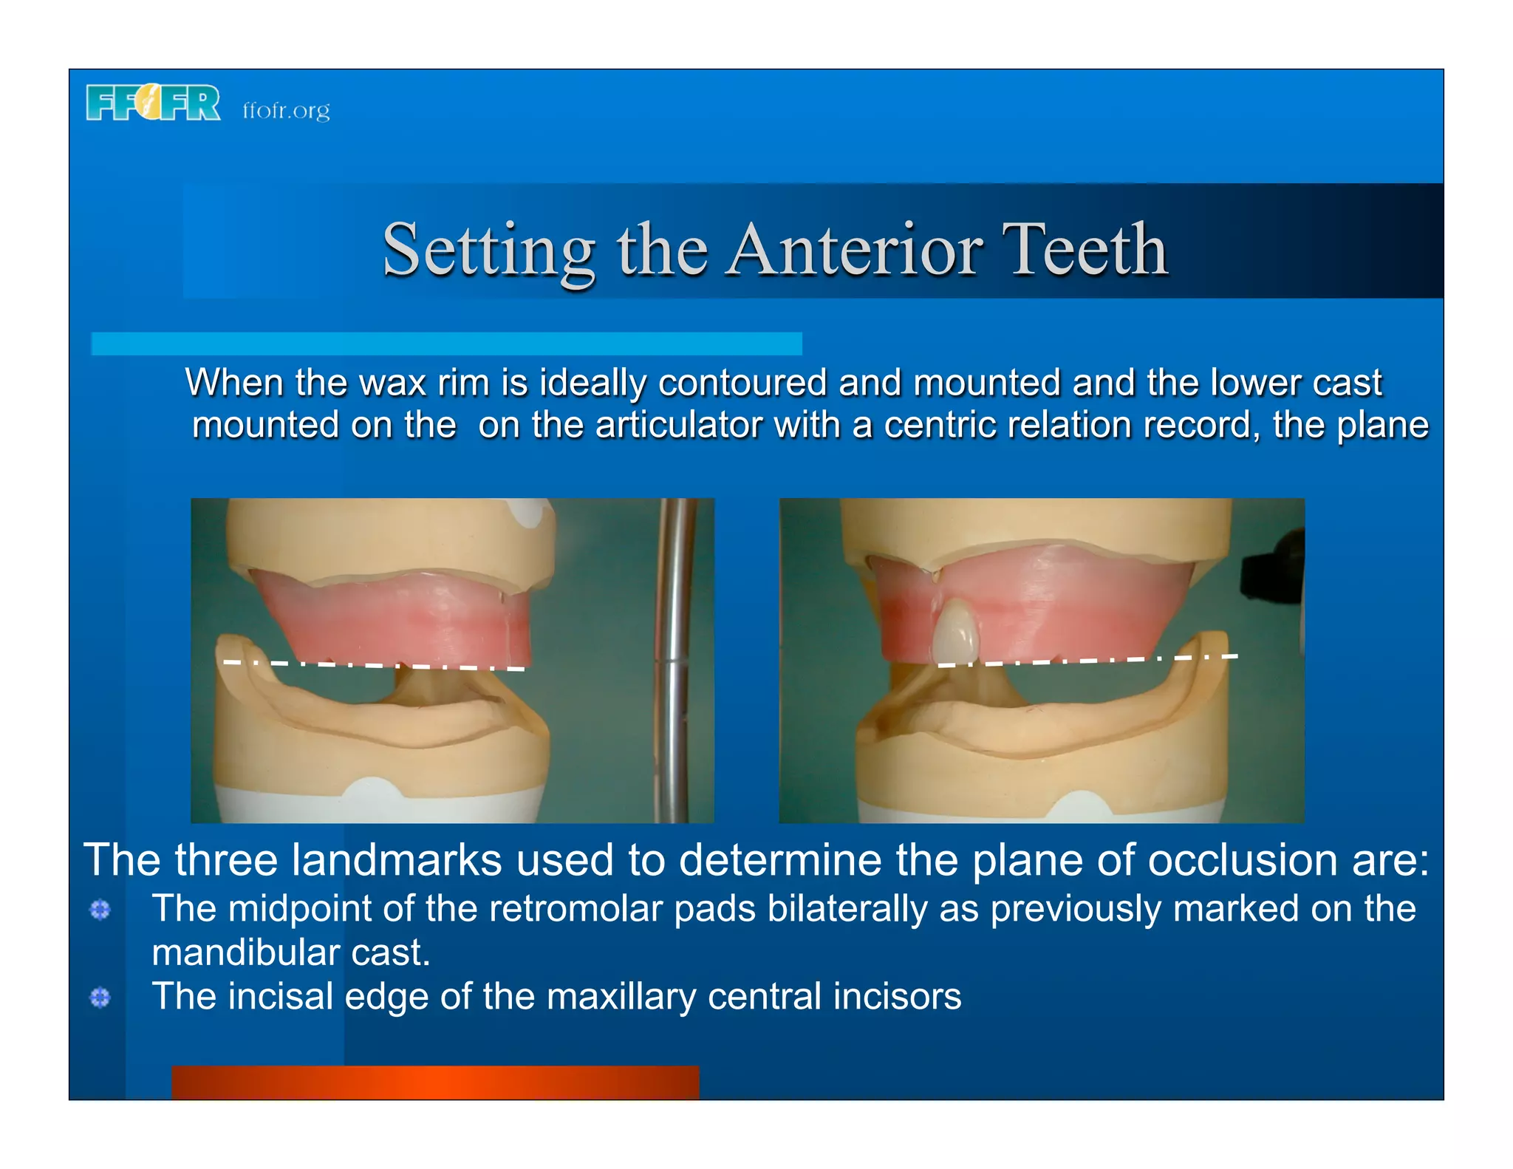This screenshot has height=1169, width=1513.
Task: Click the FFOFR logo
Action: pyautogui.click(x=153, y=102)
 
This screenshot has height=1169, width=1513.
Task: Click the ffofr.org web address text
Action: pyautogui.click(x=286, y=110)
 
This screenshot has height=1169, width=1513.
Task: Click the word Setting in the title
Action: pyautogui.click(x=488, y=251)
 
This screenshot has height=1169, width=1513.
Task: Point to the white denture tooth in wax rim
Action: pyautogui.click(x=956, y=630)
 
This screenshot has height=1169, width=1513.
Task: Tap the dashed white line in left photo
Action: pyautogui.click(x=374, y=665)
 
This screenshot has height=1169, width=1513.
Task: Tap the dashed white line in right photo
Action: pyautogui.click(x=1086, y=660)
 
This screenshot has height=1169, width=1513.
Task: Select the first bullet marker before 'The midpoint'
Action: pyautogui.click(x=100, y=910)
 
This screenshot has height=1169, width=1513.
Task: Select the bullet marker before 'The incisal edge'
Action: pyautogui.click(x=100, y=998)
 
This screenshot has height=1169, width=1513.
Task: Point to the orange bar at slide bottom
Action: pyautogui.click(x=435, y=1082)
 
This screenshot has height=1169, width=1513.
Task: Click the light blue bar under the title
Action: pyautogui.click(x=446, y=344)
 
